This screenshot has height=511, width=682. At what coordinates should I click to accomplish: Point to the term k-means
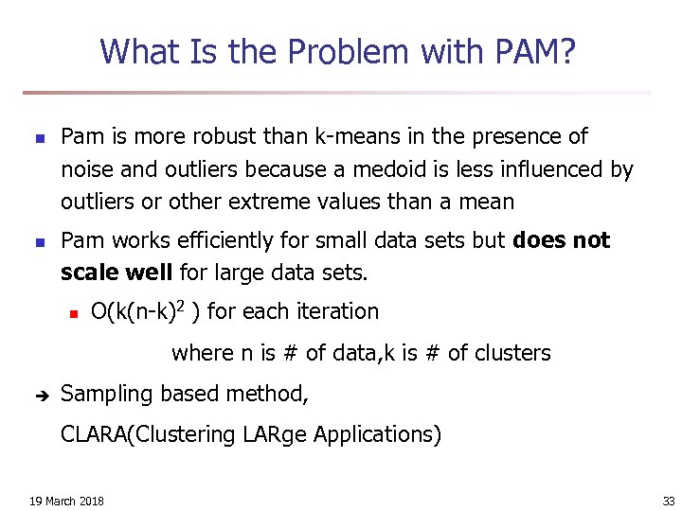pos(352,136)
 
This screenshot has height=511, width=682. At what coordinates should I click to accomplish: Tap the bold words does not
pos(561,240)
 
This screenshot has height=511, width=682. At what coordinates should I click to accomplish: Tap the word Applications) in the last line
pos(377,435)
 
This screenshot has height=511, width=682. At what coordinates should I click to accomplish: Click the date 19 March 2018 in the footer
pos(66,501)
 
